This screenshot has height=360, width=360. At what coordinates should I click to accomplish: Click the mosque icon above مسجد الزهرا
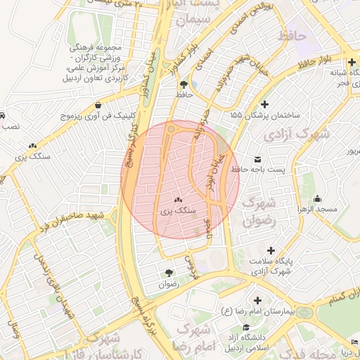(318, 198)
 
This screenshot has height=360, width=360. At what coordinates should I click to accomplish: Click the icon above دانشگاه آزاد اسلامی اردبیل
(246, 327)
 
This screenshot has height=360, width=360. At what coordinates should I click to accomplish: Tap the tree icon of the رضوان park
(169, 273)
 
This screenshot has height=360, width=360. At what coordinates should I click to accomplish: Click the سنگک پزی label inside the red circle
(176, 210)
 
